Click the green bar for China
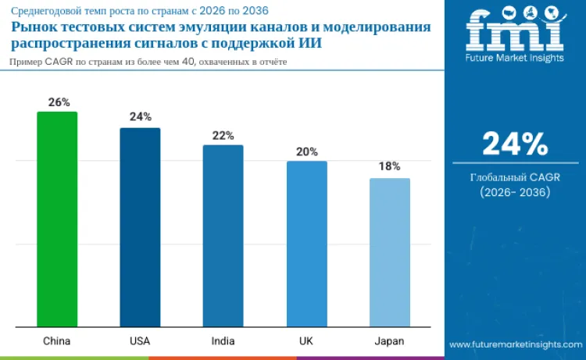pyautogui.click(x=57, y=219)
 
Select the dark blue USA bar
pyautogui.click(x=140, y=227)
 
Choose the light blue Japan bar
pyautogui.click(x=389, y=252)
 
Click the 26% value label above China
pyautogui.click(x=58, y=102)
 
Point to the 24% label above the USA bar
pyautogui.click(x=141, y=117)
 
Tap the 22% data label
pyautogui.click(x=223, y=135)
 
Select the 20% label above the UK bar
pyautogui.click(x=307, y=151)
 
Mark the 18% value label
pyautogui.click(x=390, y=166)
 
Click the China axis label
pyautogui.click(x=57, y=341)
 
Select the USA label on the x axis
pyautogui.click(x=140, y=341)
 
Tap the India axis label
pyautogui.click(x=223, y=341)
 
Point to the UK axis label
pyautogui.click(x=306, y=341)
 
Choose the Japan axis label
pyautogui.click(x=389, y=341)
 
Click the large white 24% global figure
pyautogui.click(x=515, y=144)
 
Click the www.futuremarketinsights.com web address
pyautogui.click(x=515, y=344)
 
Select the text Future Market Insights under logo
pyautogui.click(x=515, y=59)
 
